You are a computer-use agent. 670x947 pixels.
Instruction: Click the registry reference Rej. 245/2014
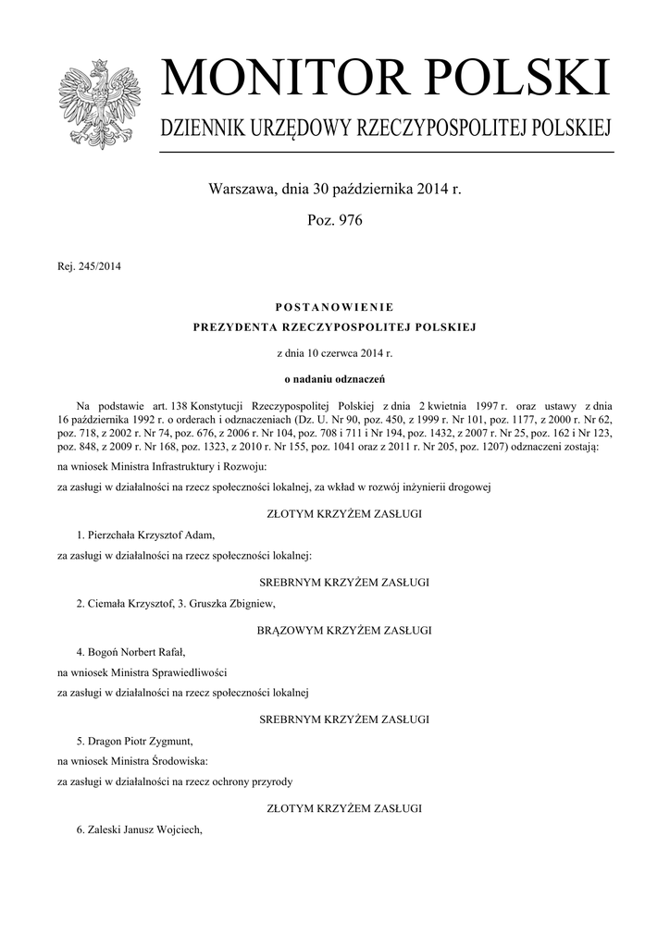90,267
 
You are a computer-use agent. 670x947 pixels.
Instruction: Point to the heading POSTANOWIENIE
334,306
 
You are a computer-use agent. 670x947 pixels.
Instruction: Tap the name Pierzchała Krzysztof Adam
151,535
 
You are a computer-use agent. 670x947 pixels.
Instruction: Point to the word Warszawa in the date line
241,190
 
